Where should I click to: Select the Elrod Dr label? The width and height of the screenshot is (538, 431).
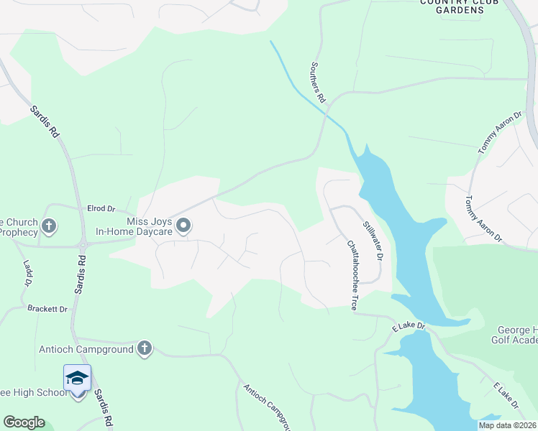tap(101, 208)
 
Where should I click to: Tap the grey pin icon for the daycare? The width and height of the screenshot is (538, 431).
tap(183, 227)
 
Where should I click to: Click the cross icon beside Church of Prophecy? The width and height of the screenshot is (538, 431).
tap(49, 227)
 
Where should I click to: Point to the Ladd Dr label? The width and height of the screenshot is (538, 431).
tap(28, 274)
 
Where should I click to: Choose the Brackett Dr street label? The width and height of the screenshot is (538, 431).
tap(47, 309)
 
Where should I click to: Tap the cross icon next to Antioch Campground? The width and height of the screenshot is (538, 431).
tap(145, 349)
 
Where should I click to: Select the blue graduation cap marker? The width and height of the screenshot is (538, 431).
tap(78, 377)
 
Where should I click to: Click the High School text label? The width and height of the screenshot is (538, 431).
tap(29, 392)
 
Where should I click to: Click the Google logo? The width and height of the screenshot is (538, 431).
tap(24, 422)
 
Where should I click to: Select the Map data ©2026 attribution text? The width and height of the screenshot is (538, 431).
tap(507, 425)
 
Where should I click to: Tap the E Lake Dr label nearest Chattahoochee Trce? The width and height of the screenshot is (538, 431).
tap(409, 328)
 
